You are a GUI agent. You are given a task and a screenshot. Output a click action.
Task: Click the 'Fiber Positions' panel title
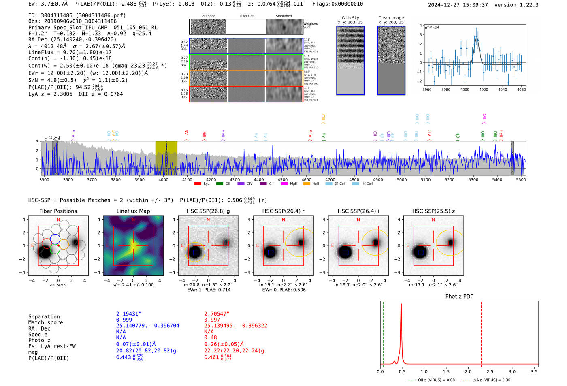tap(58, 211)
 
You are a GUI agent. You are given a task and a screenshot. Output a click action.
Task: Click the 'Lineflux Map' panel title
tap(133, 211)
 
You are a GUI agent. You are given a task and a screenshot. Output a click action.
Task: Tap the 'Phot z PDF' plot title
tap(459, 296)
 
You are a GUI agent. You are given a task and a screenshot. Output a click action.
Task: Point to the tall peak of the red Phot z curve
tap(401, 305)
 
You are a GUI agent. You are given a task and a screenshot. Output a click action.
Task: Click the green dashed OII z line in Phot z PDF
tap(384, 332)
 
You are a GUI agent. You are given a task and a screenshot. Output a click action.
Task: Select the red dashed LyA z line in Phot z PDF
tap(481, 332)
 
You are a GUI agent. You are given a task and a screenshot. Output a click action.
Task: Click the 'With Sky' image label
tap(350, 18)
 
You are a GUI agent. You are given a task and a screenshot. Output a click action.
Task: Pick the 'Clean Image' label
tap(391, 18)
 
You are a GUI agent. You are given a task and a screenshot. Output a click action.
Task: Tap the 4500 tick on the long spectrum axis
tap(282, 179)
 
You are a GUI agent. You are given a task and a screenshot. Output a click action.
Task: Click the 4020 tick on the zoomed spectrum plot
tap(484, 90)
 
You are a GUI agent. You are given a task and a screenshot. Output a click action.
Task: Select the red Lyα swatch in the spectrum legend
tap(198, 184)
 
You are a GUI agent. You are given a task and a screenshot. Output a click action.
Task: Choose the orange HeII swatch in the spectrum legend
tap(307, 184)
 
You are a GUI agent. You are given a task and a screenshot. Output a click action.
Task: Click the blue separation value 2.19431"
tap(128, 314)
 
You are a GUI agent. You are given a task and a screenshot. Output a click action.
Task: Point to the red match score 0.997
tap(212, 320)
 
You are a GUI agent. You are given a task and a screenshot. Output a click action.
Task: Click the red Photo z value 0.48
tap(210, 337)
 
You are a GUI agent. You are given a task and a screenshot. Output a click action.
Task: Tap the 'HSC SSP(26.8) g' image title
tap(208, 211)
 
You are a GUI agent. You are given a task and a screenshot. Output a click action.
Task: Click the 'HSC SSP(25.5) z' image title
tap(433, 211)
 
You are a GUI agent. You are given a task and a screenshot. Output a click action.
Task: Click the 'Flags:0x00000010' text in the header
tap(337, 4)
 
